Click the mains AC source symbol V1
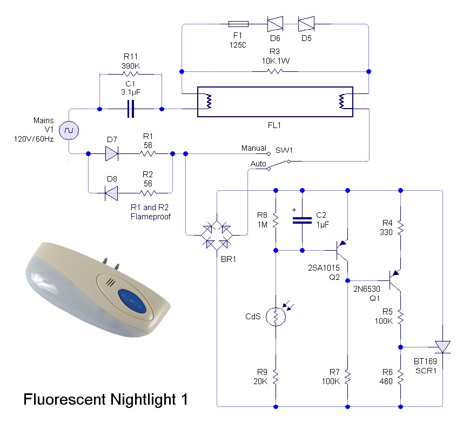click(69, 131)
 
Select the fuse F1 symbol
click(238, 24)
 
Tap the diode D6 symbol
click(275, 24)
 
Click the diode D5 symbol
click(307, 24)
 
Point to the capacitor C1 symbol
click(130, 109)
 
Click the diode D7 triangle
click(111, 153)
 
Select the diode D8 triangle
click(111, 191)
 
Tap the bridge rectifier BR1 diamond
click(216, 234)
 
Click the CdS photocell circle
click(276, 317)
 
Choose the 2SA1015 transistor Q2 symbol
click(341, 250)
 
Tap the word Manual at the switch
click(254, 148)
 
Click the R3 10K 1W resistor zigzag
click(275, 71)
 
